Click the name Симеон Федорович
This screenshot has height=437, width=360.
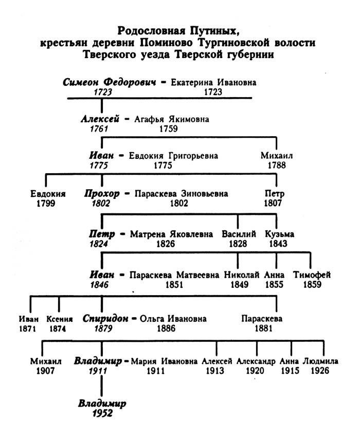(109, 82)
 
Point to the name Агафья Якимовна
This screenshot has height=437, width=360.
(172, 119)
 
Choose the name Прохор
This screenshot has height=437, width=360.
(102, 194)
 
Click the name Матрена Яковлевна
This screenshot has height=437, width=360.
(171, 234)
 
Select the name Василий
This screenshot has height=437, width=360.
(239, 234)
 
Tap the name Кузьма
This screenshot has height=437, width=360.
(280, 234)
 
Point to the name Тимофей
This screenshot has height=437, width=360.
(312, 275)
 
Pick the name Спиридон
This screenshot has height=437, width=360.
(104, 318)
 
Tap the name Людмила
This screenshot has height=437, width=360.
(320, 361)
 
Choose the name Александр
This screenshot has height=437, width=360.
(256, 361)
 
